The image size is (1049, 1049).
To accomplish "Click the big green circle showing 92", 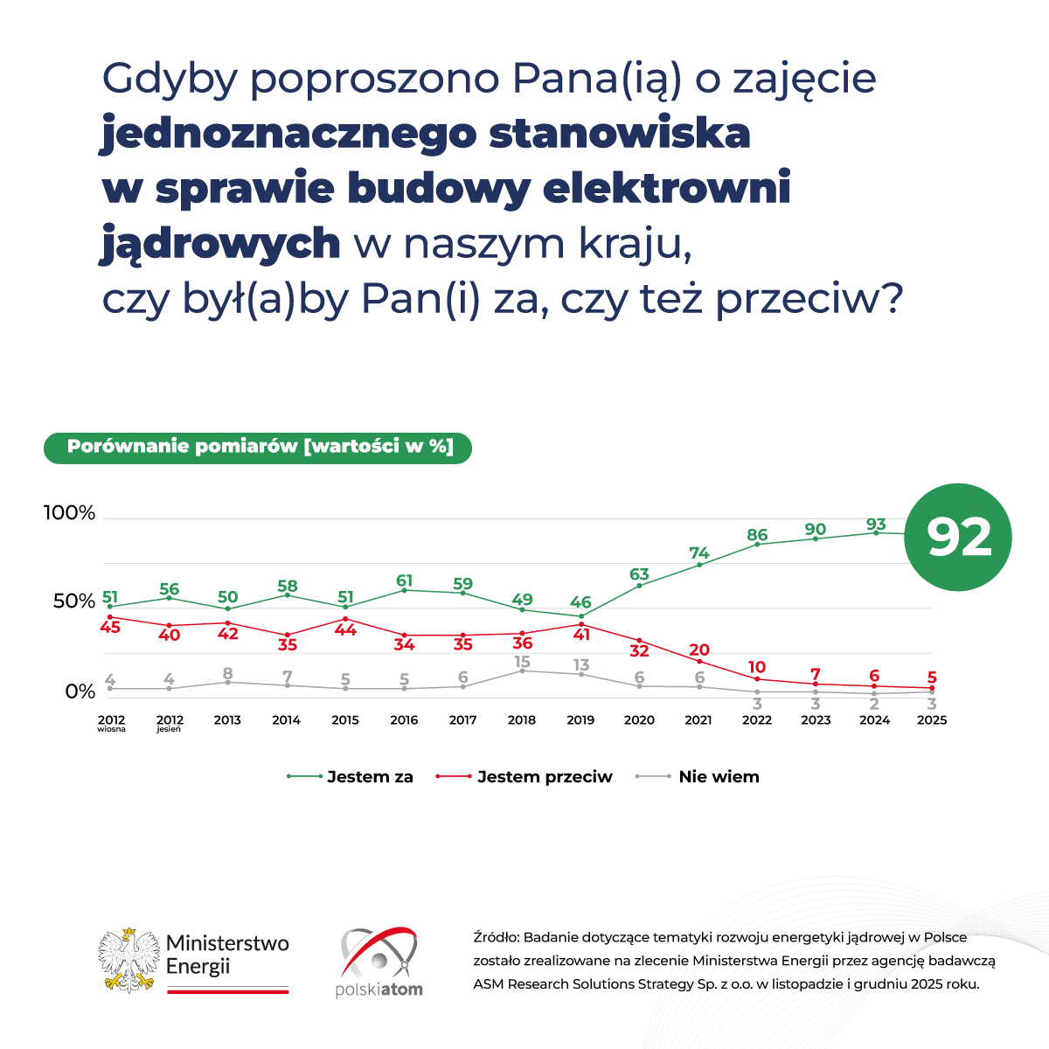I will coord(958,538).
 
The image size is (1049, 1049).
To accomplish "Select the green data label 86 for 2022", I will coord(757,535).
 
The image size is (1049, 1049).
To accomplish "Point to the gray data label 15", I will coord(522,662).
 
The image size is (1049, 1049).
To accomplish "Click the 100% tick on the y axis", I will coord(70,513).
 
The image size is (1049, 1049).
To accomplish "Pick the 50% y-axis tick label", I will coord(74,601).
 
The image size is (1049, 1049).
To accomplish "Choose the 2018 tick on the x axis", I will coord(522,720).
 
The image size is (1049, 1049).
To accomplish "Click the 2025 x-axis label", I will coord(932,720).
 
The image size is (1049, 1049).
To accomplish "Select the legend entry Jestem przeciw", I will coord(545,776).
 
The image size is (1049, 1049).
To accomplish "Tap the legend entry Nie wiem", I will coord(719,776).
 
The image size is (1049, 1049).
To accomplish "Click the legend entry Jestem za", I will coord(370,776).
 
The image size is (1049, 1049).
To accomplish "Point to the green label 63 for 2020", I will coord(639,574).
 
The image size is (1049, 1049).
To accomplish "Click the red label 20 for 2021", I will coord(698,650).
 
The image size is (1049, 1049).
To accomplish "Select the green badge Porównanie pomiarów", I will coord(258,447).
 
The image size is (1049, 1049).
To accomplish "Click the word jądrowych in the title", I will coord(221,243).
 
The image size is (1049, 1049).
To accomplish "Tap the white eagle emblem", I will coord(129,960).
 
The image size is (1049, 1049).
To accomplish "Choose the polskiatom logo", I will coord(379,962).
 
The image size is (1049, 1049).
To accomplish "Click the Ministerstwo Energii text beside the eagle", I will coord(227,955).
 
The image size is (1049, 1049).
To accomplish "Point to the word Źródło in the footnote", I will coord(496,937).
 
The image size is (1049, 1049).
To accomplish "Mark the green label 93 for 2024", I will coord(875,524).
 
